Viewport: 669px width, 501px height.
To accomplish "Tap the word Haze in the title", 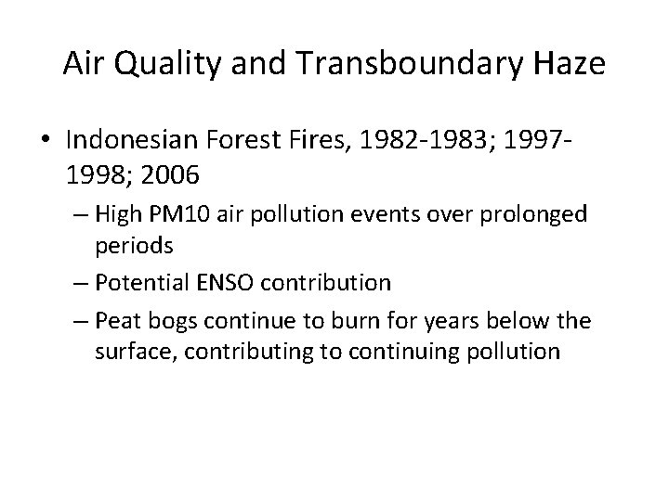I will [x=569, y=64].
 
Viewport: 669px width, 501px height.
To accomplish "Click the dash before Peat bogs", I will [x=79, y=323].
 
